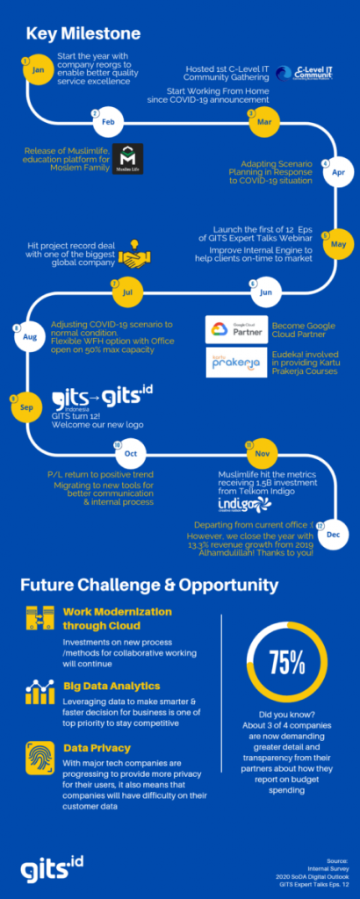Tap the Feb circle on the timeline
coord(107,121)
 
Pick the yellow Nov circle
coord(260,453)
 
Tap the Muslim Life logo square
coord(127,159)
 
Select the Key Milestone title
coord(83,34)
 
